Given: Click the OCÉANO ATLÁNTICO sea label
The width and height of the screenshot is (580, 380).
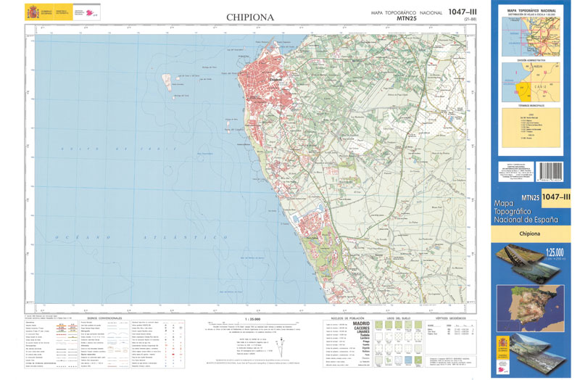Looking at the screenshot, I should tap(135, 237).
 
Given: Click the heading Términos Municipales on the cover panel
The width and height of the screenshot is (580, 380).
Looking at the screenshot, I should tap(531, 106).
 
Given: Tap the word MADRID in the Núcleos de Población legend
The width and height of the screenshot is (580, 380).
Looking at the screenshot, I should tap(360, 323).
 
